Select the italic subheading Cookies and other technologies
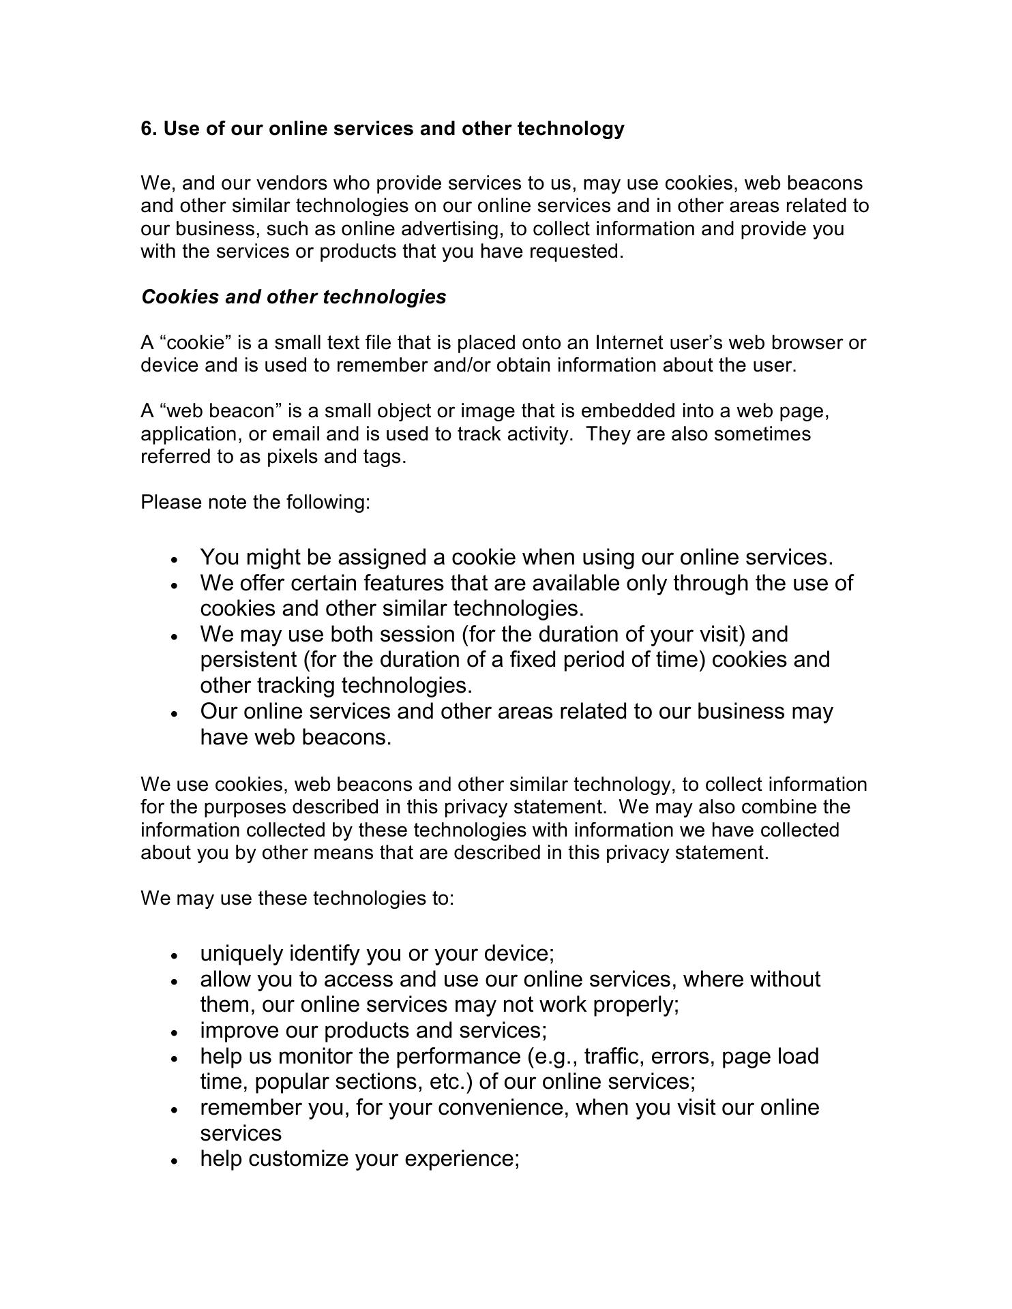(x=293, y=297)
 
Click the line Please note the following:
(x=255, y=502)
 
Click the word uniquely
(x=241, y=953)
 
